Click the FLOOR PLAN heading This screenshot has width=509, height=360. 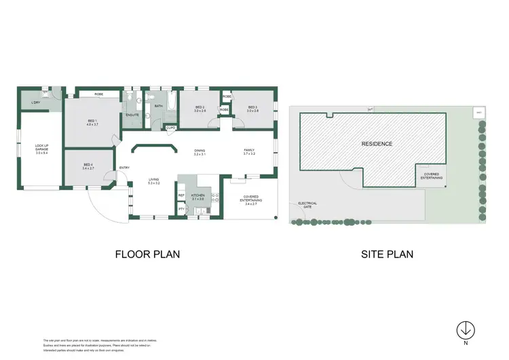pyautogui.click(x=147, y=255)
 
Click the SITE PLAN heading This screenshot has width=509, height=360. pyautogui.click(x=387, y=255)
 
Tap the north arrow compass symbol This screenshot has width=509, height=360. pyautogui.click(x=466, y=329)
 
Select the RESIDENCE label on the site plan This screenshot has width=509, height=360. pyautogui.click(x=377, y=144)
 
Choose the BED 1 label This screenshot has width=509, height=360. pyautogui.click(x=92, y=123)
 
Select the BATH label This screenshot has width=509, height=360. pyautogui.click(x=158, y=107)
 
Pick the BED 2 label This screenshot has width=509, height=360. pyautogui.click(x=200, y=108)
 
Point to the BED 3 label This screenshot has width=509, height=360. pyautogui.click(x=252, y=108)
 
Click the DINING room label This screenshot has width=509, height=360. pyautogui.click(x=200, y=153)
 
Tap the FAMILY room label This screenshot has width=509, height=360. pyautogui.click(x=249, y=152)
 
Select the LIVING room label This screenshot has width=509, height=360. pyautogui.click(x=154, y=181)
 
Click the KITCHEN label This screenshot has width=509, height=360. pyautogui.click(x=197, y=196)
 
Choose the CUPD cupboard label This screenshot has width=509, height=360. pyautogui.click(x=171, y=127)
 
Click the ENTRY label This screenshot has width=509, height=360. pyautogui.click(x=124, y=168)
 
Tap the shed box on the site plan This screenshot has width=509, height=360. pyautogui.click(x=478, y=111)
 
